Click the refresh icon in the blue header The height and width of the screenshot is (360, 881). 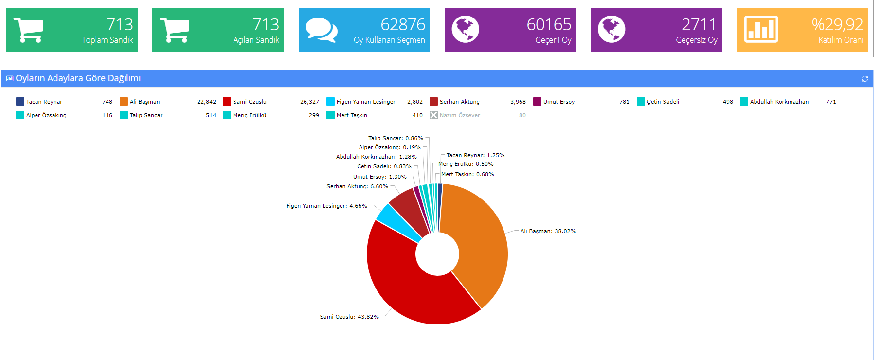(x=864, y=79)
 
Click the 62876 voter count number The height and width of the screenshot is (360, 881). (x=402, y=24)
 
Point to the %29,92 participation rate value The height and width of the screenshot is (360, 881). (x=837, y=24)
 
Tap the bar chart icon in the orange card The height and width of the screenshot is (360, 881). (x=761, y=30)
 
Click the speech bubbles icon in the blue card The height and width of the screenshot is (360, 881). (x=322, y=30)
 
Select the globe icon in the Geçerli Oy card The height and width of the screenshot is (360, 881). (x=465, y=30)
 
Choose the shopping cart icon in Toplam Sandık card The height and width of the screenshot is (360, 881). (x=29, y=30)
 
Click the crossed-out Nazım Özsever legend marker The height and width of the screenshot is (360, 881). (x=433, y=115)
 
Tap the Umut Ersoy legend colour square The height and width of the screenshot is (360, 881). (x=537, y=102)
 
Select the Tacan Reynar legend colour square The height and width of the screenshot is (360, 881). (x=20, y=102)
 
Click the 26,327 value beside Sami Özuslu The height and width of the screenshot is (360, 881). (x=309, y=102)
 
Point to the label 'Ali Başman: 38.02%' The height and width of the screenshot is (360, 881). (x=548, y=231)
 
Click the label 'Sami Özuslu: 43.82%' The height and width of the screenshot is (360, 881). (x=349, y=317)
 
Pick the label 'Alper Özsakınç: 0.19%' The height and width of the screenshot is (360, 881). (x=390, y=147)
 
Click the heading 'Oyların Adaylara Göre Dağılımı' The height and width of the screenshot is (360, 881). (x=78, y=78)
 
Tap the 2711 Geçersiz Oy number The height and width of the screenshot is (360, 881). (x=699, y=24)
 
